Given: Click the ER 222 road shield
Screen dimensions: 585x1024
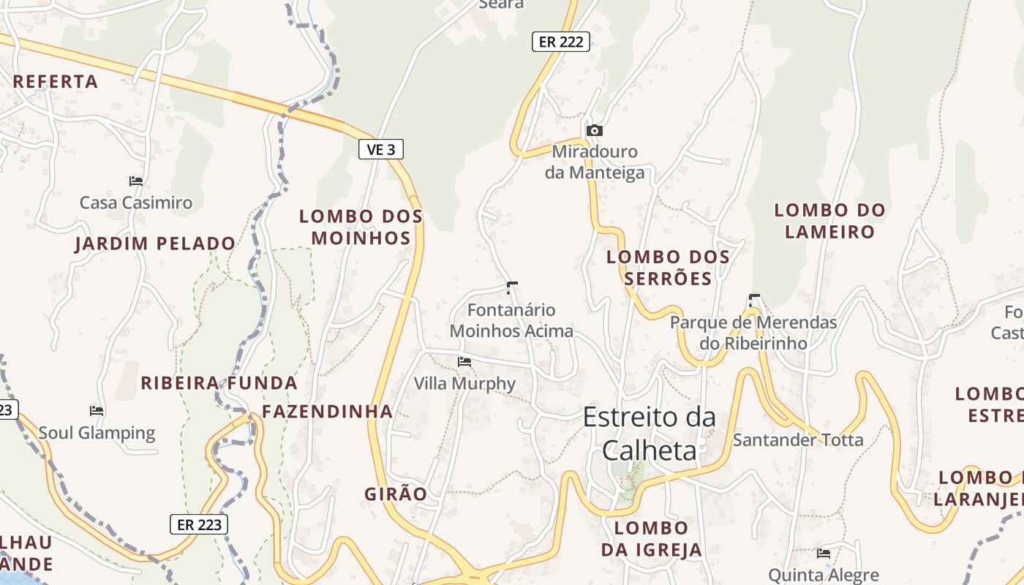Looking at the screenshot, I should click(561, 42).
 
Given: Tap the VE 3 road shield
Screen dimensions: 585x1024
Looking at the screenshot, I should click(381, 150).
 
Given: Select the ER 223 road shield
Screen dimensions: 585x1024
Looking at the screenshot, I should click(199, 524).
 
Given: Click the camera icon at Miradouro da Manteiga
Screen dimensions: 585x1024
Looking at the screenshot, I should click(595, 130).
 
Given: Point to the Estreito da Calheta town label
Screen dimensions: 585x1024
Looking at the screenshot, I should click(649, 434).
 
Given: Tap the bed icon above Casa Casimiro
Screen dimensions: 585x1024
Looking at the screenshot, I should click(135, 181).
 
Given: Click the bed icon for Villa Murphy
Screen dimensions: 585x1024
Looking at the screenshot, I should click(464, 361).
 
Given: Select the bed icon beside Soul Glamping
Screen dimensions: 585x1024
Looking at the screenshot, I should click(97, 410).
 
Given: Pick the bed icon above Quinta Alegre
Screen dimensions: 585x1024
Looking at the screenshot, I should click(824, 553).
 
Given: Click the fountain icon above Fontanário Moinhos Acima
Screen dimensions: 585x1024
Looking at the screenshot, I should click(511, 287).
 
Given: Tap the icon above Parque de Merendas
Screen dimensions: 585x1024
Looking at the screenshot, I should click(753, 300).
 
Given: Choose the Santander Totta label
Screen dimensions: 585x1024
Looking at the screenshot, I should click(798, 440).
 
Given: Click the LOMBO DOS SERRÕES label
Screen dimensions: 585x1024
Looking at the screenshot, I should click(669, 268).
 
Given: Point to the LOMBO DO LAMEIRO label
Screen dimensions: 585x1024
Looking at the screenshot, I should click(829, 221).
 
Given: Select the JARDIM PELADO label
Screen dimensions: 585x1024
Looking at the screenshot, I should click(155, 244).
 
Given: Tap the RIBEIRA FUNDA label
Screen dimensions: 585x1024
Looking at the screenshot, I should click(219, 383).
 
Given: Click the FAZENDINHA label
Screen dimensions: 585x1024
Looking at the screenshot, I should click(327, 412).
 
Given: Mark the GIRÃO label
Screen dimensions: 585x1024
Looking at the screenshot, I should click(396, 494).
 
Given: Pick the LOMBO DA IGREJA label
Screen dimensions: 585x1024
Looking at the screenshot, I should click(651, 539).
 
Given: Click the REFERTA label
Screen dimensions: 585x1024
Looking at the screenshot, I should click(56, 82).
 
